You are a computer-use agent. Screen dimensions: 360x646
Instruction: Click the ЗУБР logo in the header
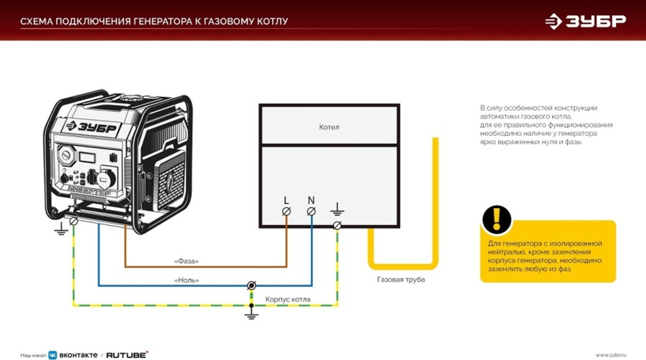585,21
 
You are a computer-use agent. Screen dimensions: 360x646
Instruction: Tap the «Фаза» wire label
187,261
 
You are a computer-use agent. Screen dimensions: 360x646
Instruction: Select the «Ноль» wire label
187,281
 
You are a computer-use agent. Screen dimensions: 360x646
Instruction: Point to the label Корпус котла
287,300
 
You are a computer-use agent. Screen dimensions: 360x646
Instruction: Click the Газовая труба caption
401,281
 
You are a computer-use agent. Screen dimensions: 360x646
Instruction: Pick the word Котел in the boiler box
329,127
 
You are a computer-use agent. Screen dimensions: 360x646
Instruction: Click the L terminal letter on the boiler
286,200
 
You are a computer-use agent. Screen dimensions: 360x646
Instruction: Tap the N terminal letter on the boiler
311,200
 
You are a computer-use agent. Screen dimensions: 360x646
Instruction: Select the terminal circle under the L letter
286,211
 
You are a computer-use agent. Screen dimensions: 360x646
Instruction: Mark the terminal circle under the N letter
311,211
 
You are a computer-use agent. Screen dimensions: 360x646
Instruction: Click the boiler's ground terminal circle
337,224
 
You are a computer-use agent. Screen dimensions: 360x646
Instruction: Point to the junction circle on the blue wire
251,285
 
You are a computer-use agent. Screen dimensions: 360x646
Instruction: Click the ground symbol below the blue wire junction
251,314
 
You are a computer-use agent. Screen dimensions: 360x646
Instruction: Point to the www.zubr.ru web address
611,354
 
